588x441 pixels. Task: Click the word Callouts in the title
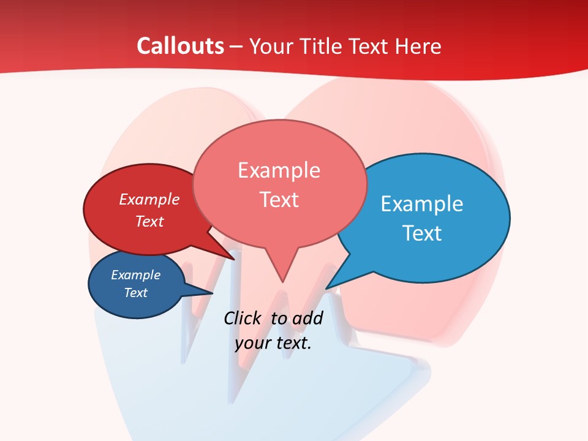tap(180, 46)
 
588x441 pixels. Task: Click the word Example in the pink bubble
tap(279, 170)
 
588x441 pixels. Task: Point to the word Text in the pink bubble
tap(279, 200)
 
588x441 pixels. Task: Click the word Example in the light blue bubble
tap(421, 204)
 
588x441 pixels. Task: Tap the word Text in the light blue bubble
tap(421, 233)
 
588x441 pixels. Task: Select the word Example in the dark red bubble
tap(149, 200)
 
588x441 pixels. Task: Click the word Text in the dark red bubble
tap(149, 222)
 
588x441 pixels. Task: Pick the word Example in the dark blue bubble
tap(135, 275)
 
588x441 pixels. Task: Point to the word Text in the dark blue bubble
tap(135, 293)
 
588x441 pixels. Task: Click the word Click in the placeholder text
tap(244, 318)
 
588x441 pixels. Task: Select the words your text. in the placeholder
tap(273, 343)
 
